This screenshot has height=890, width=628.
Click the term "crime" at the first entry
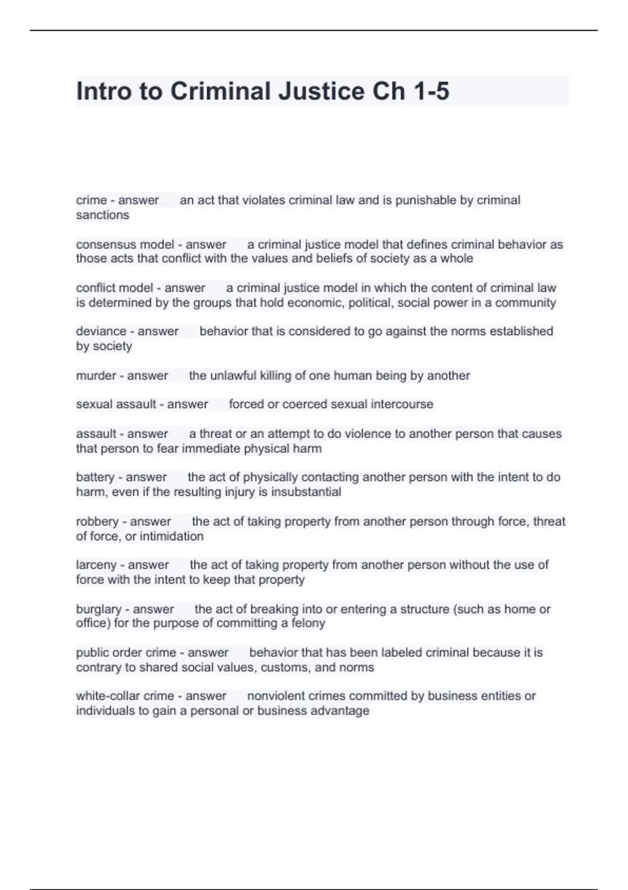tap(91, 200)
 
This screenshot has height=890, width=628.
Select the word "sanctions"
tap(102, 215)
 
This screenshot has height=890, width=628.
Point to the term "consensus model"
tap(125, 244)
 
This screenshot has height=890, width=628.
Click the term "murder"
tap(96, 375)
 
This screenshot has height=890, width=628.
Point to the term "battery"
tap(95, 477)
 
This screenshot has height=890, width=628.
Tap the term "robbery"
tap(97, 521)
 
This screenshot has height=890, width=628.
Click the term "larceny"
tap(96, 565)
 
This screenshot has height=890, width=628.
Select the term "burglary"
tap(98, 609)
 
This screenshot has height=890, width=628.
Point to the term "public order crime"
tap(126, 653)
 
